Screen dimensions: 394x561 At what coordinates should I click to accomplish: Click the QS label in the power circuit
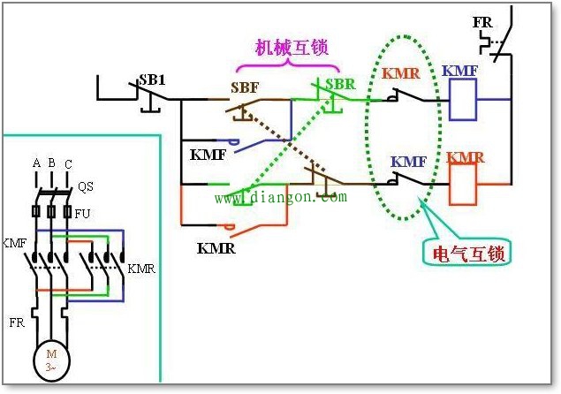click(86, 186)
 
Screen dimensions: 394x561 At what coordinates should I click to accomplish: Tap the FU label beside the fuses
click(82, 213)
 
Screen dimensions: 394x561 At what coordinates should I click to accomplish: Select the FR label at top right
click(482, 20)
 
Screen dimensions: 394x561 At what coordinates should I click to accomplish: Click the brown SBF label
click(246, 87)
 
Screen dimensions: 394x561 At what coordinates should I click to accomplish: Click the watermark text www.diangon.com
click(281, 199)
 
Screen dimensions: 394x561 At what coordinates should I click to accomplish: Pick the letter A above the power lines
click(36, 163)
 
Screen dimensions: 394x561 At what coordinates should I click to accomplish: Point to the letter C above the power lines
click(68, 164)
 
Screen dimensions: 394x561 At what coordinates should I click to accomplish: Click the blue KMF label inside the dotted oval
click(409, 162)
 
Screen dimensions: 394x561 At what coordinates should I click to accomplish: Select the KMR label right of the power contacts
click(141, 269)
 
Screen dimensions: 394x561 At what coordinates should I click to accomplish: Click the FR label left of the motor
click(17, 322)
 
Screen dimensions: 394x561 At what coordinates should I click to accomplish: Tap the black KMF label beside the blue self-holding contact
click(208, 155)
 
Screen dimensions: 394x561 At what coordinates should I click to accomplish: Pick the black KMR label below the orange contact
click(217, 248)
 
